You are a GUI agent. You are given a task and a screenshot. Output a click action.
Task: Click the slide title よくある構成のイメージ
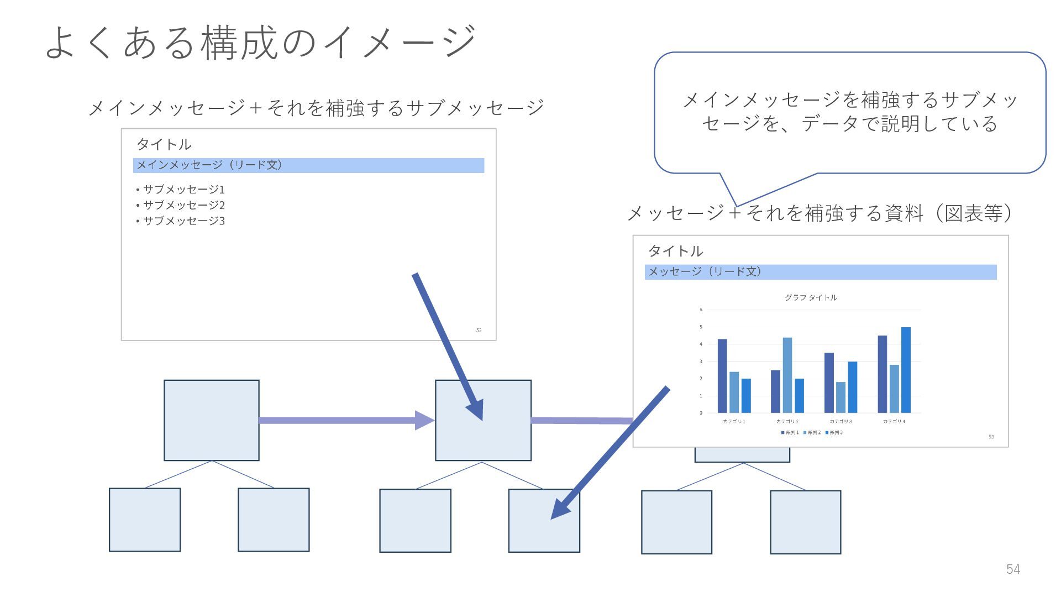(260, 42)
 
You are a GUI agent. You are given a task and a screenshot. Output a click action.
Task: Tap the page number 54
(1013, 569)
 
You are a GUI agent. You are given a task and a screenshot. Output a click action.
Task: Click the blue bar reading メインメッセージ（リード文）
(308, 165)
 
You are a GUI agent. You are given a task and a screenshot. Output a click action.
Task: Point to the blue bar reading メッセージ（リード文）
(821, 272)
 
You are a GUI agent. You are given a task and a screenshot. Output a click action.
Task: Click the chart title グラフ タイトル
(811, 297)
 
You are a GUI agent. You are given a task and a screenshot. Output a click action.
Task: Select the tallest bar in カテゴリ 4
(906, 369)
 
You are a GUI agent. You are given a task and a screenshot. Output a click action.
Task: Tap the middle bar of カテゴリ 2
(787, 375)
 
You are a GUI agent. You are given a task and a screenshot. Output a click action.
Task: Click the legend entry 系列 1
(790, 433)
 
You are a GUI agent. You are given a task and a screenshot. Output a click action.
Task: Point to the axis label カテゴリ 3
(841, 422)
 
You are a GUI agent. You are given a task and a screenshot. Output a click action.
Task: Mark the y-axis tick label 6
(701, 310)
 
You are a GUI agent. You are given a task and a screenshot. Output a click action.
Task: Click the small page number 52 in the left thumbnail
(479, 330)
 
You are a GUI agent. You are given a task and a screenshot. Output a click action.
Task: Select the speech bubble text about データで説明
(849, 112)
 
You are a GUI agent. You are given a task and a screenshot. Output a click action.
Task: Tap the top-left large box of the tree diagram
(211, 420)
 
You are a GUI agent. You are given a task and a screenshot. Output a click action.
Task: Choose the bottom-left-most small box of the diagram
(145, 520)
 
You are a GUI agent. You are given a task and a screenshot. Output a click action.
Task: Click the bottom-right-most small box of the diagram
(805, 522)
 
